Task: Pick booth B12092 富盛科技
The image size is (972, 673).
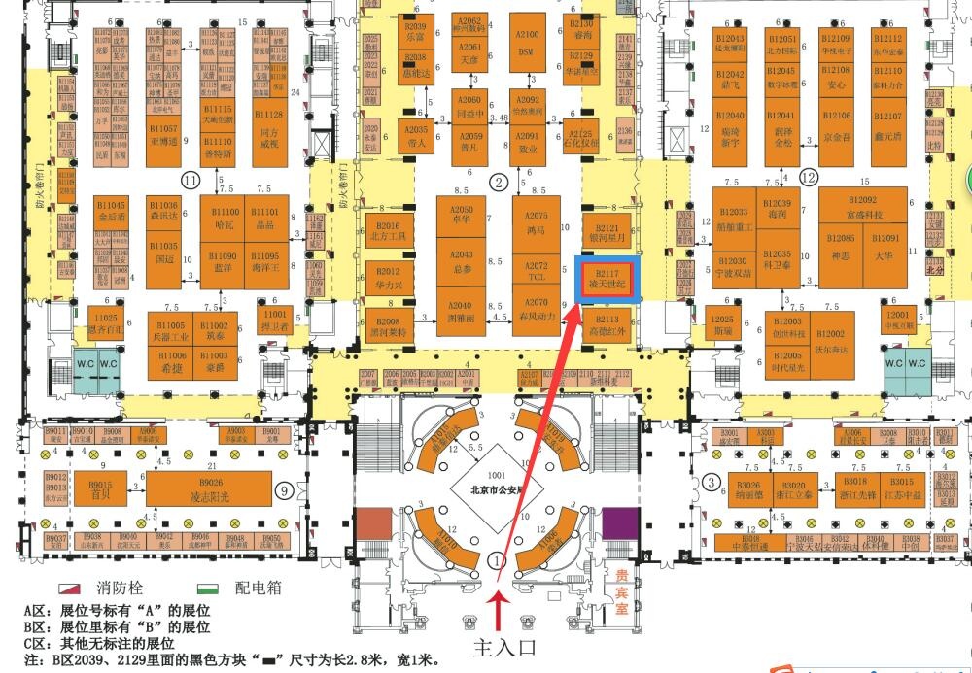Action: point(863,209)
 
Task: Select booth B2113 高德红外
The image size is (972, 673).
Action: point(607,325)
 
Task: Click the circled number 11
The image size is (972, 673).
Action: point(191,180)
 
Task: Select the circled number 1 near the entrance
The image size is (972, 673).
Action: point(499,560)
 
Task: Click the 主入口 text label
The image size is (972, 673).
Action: point(504,646)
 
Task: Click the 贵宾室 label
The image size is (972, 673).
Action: point(614,582)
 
